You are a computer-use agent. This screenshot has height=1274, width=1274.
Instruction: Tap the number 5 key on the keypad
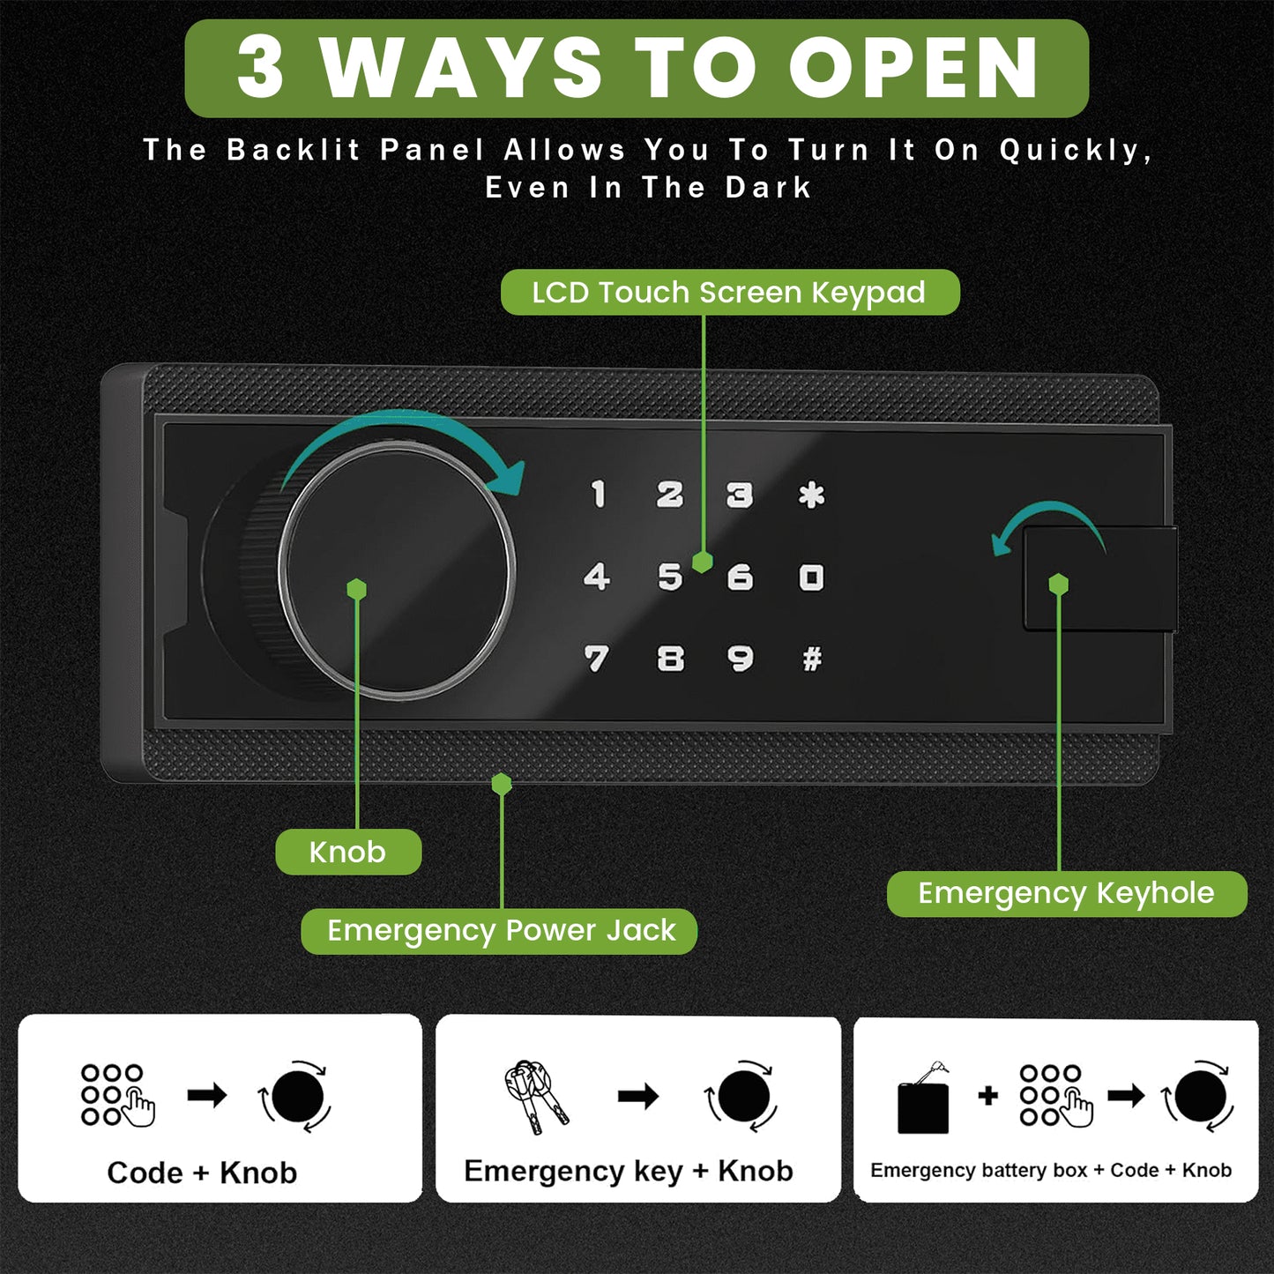click(670, 577)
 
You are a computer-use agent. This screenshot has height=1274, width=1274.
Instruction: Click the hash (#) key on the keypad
click(812, 659)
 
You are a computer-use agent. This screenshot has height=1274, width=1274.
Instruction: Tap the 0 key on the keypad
click(811, 577)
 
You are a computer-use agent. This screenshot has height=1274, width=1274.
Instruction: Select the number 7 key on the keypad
click(596, 659)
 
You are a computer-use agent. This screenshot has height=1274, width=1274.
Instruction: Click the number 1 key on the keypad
click(599, 494)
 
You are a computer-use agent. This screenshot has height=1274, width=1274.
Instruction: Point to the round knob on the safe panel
click(396, 570)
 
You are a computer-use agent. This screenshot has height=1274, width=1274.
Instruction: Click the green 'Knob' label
click(348, 852)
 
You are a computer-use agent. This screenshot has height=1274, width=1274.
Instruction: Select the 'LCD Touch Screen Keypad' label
click(730, 292)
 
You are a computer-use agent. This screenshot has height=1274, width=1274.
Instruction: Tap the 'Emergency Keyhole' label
click(1067, 893)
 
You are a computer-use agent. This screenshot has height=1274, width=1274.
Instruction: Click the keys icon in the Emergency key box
click(535, 1097)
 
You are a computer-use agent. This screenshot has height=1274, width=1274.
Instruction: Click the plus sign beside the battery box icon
click(987, 1096)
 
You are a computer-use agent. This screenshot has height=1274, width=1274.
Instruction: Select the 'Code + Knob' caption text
click(202, 1173)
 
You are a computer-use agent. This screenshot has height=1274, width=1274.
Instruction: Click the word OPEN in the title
click(913, 68)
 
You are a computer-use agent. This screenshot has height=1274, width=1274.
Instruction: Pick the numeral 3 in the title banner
click(260, 68)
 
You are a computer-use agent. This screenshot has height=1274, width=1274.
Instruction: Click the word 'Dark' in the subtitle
click(768, 188)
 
